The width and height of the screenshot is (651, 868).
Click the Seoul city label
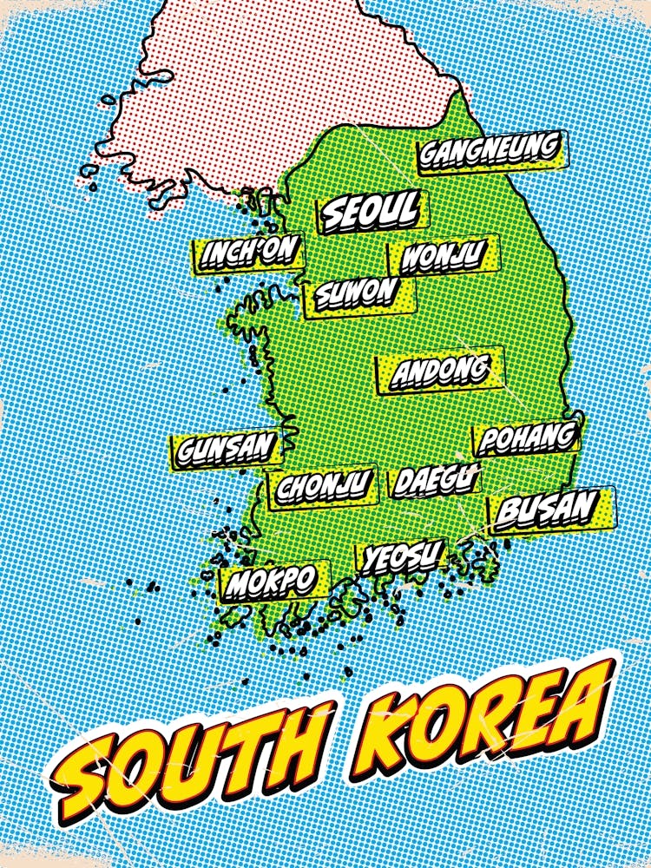pos(371,210)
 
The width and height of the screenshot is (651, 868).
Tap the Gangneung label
pos(490,151)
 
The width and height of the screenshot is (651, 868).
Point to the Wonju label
pos(442,256)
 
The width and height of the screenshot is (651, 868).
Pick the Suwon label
pos(357,294)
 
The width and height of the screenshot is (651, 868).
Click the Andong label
pos(439,372)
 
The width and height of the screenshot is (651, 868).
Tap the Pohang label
pos(527,437)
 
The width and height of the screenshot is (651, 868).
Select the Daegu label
pos(435,480)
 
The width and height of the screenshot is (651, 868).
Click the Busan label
pos(549,508)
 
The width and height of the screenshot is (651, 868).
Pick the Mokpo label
pos(273,582)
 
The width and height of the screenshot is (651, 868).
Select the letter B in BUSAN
pos(509,512)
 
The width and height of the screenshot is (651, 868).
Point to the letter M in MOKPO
pos(239,586)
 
